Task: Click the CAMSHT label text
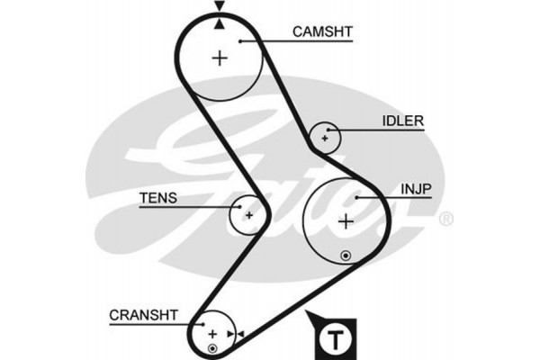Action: pyautogui.click(x=322, y=31)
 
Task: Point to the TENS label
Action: pyautogui.click(x=158, y=197)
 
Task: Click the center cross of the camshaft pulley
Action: pyautogui.click(x=220, y=58)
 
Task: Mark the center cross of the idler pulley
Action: pyautogui.click(x=323, y=138)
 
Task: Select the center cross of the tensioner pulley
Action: pyautogui.click(x=248, y=214)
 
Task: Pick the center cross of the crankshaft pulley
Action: pyautogui.click(x=213, y=333)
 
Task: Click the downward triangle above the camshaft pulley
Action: pyautogui.click(x=219, y=7)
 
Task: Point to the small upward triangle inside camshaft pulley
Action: pyautogui.click(x=219, y=23)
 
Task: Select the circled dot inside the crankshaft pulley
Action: pyautogui.click(x=212, y=347)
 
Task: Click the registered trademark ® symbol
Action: pyautogui.click(x=445, y=219)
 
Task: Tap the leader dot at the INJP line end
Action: pyautogui.click(x=358, y=195)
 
